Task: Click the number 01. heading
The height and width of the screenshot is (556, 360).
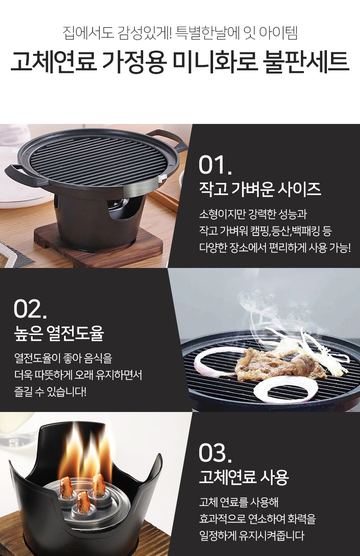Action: pyautogui.click(x=215, y=165)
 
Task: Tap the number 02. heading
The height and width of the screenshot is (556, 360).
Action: pyautogui.click(x=30, y=309)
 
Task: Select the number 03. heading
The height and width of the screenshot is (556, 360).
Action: pyautogui.click(x=215, y=453)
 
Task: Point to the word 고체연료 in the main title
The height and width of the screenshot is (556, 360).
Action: pyautogui.click(x=53, y=62)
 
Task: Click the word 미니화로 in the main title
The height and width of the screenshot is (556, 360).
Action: pyautogui.click(x=215, y=62)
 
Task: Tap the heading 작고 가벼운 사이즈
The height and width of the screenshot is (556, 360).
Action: pyautogui.click(x=260, y=189)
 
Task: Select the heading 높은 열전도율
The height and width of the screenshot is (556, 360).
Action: pyautogui.click(x=59, y=333)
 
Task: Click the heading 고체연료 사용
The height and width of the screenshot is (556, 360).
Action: pyautogui.click(x=244, y=477)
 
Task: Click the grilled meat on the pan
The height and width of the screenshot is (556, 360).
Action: pyautogui.click(x=278, y=364)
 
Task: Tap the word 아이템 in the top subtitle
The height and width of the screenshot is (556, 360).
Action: pyautogui.click(x=278, y=33)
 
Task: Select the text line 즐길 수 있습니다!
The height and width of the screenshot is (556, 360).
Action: pyautogui.click(x=50, y=392)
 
